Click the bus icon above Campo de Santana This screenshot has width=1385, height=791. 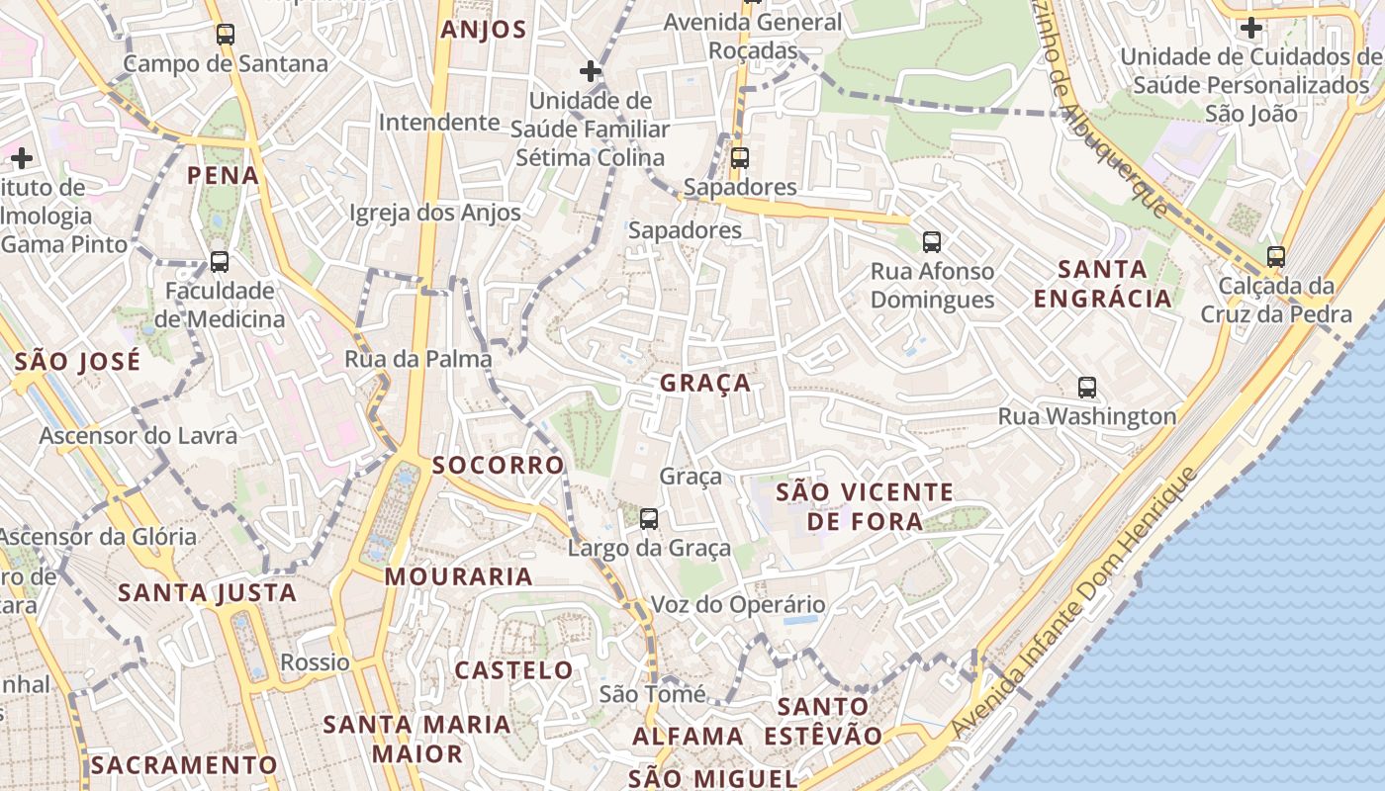tap(226, 35)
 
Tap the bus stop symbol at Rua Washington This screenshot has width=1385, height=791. tap(1087, 388)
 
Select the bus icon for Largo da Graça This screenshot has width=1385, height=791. tap(649, 518)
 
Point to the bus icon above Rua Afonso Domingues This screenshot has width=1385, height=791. tap(931, 242)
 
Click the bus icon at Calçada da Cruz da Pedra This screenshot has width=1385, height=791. tap(1276, 257)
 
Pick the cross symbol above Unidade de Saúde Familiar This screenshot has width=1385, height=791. tap(591, 71)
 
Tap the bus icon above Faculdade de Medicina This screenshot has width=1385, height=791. tap(220, 262)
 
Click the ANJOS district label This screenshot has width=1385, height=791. tap(484, 30)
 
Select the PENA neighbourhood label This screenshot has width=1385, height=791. tap(224, 176)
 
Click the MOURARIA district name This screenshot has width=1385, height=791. tap(459, 576)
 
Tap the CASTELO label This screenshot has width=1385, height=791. tap(514, 670)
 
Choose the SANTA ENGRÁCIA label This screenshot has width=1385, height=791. tap(1102, 284)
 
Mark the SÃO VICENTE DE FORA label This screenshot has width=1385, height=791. tap(865, 506)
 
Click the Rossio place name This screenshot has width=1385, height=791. tap(316, 662)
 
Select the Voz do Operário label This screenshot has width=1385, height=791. tap(738, 605)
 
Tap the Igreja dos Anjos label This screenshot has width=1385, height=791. tap(435, 213)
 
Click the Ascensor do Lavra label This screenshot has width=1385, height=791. tap(138, 436)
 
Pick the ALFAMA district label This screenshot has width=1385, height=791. tap(688, 737)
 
